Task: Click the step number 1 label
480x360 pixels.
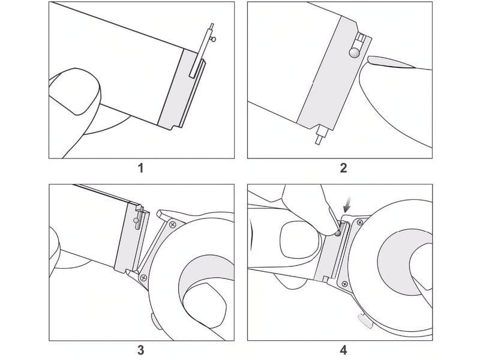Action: (141, 167)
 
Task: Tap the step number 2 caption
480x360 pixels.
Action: (343, 167)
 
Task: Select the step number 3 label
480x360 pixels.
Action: (141, 349)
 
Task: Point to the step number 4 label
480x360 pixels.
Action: (343, 349)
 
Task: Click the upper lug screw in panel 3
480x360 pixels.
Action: (173, 224)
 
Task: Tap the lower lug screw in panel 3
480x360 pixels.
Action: (143, 278)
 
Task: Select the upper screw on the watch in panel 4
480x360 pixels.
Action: (361, 223)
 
